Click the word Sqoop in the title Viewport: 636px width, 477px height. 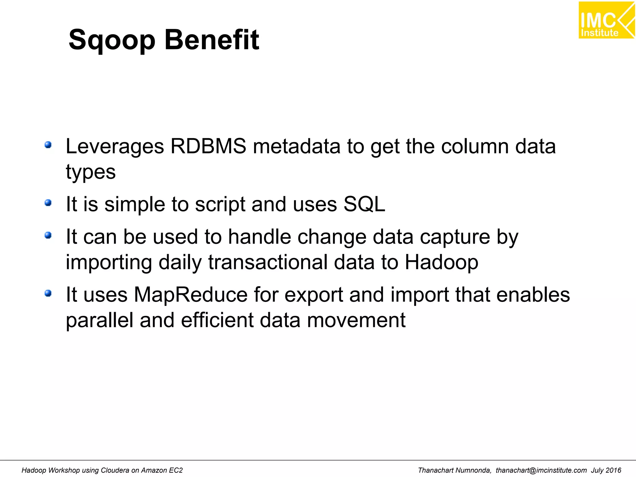click(112, 40)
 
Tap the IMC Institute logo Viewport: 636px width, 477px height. click(606, 20)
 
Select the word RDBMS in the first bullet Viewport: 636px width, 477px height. click(208, 146)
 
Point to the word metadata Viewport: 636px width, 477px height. click(297, 146)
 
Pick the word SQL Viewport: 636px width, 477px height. click(364, 204)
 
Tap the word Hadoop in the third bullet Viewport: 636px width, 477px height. click(441, 262)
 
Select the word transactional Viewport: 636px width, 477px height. click(268, 262)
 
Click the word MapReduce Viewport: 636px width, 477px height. click(191, 295)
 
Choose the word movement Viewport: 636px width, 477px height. click(356, 320)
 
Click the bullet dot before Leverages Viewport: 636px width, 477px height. click(48, 145)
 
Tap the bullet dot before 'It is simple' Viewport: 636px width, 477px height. click(48, 203)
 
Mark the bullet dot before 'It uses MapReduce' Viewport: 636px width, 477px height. click(48, 293)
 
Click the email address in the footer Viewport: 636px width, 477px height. click(541, 470)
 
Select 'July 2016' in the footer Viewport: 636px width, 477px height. click(606, 470)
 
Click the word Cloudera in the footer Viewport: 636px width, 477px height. click(115, 470)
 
